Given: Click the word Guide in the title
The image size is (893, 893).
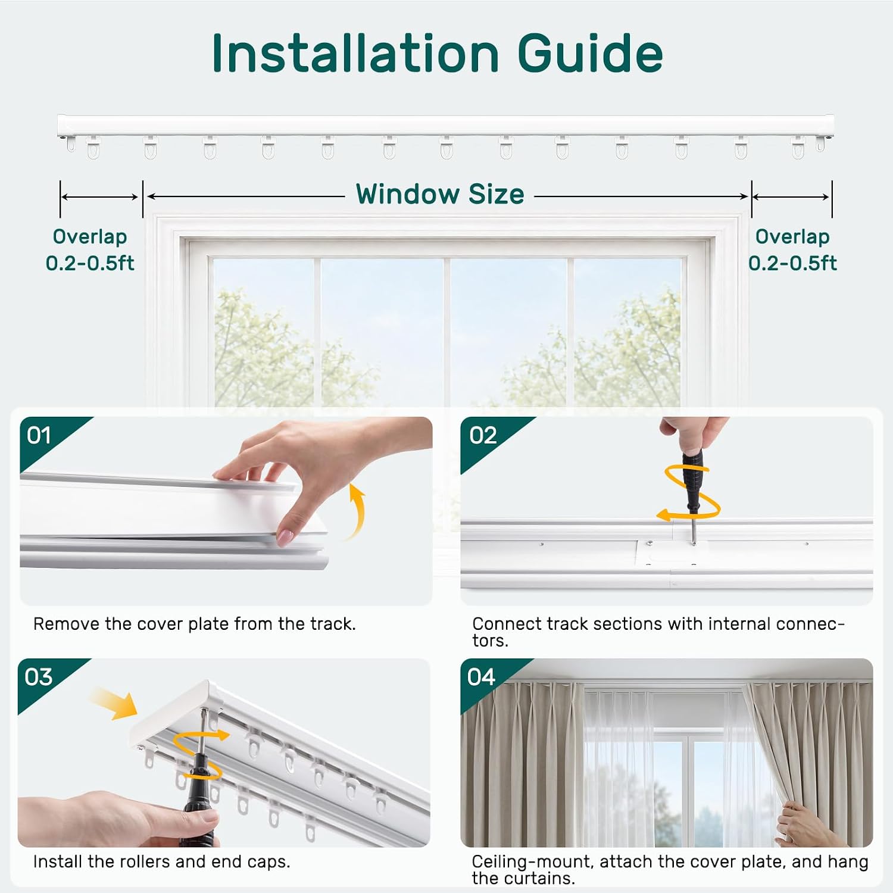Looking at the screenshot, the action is click(x=590, y=54).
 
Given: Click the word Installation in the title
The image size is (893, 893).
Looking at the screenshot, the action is click(x=355, y=54).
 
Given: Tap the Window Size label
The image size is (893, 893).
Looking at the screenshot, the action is click(x=440, y=194).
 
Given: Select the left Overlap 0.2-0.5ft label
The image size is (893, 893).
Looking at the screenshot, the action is click(x=90, y=249).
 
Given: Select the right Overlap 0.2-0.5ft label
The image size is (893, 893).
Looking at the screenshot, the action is click(x=792, y=249).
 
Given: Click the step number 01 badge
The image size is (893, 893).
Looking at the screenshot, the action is click(x=39, y=436).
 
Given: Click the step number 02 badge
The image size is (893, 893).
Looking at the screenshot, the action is click(x=483, y=436).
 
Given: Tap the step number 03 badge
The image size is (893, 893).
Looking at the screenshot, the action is click(x=39, y=677).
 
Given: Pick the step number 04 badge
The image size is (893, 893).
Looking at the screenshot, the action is click(x=481, y=677).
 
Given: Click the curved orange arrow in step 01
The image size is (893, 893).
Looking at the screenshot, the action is click(x=359, y=512).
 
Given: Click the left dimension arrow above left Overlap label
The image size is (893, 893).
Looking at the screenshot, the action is click(x=100, y=197).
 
